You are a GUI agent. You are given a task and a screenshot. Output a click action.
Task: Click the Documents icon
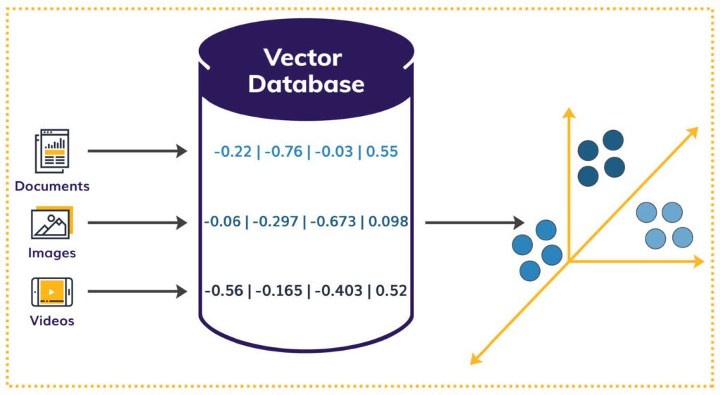[x=52, y=150]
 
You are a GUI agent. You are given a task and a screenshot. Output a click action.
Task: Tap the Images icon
[x=51, y=223]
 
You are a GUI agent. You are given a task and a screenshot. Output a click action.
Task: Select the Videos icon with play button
[x=52, y=292]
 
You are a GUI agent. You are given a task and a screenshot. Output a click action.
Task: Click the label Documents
[x=52, y=186]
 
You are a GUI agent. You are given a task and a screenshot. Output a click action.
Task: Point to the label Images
[x=52, y=252]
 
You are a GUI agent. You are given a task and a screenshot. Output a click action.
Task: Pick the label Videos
[x=52, y=321]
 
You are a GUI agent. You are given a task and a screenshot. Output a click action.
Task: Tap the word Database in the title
[x=306, y=84]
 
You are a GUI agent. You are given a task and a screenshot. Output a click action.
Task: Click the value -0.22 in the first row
[x=233, y=151]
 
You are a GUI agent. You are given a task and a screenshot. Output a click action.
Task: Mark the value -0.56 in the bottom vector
[x=223, y=290]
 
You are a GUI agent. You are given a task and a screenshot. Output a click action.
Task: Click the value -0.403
[x=336, y=290]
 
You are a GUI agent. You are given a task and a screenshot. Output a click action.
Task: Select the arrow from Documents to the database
[x=137, y=150]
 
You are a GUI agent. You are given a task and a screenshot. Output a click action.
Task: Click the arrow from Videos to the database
[x=137, y=291]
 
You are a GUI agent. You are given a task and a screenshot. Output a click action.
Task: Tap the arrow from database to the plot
[x=475, y=223]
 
